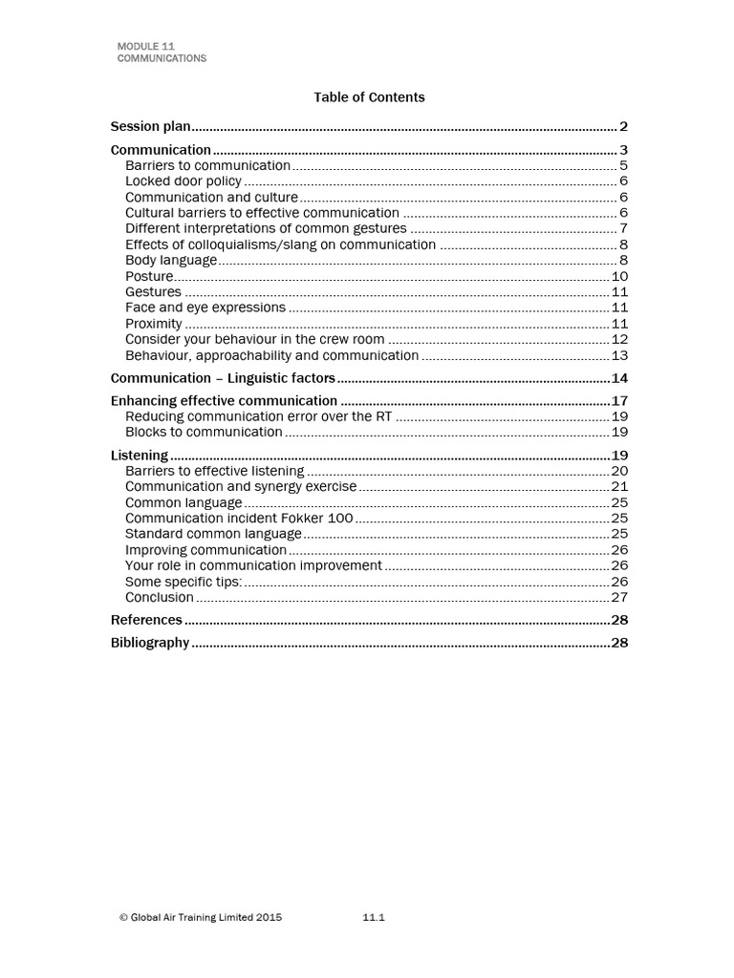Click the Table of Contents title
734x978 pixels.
click(x=369, y=97)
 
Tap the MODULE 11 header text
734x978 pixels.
click(x=145, y=46)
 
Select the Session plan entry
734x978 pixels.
click(x=151, y=126)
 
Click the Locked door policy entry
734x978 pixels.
click(x=183, y=181)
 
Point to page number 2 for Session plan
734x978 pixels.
click(x=622, y=126)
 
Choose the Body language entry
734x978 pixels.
click(x=171, y=260)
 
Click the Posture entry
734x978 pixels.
click(x=149, y=276)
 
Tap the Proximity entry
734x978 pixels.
click(x=153, y=324)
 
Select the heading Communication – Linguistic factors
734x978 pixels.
click(x=223, y=377)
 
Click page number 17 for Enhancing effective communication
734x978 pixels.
click(x=618, y=401)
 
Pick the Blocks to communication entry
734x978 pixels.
click(x=204, y=432)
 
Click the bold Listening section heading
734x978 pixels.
click(x=140, y=456)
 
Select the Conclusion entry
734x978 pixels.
click(x=160, y=598)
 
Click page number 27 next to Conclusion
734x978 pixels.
click(x=618, y=598)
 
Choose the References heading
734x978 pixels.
click(x=146, y=620)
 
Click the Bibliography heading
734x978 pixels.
click(x=150, y=643)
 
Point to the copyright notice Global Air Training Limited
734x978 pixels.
click(x=201, y=918)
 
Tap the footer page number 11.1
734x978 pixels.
click(x=373, y=918)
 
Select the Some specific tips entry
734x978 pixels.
click(x=183, y=582)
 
